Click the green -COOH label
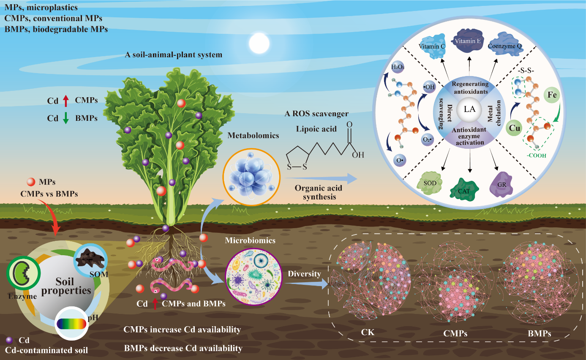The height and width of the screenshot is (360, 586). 536,155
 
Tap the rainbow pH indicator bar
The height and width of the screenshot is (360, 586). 71,324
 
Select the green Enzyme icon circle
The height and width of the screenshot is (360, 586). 23,280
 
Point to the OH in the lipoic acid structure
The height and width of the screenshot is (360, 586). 358,155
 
